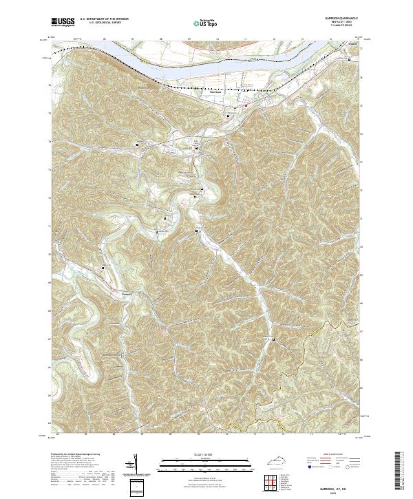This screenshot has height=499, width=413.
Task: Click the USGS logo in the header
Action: click(x=62, y=22)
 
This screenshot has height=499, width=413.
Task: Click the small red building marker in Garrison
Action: click(x=246, y=105)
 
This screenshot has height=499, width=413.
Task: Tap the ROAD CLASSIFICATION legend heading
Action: click(x=332, y=454)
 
